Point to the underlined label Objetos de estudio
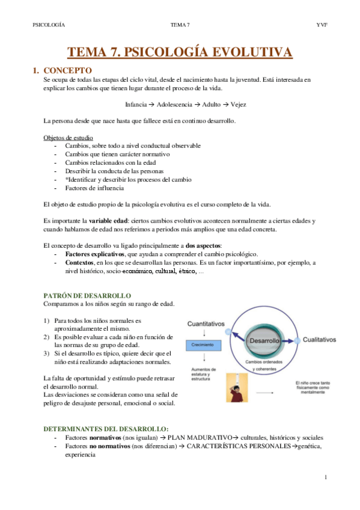[69, 137]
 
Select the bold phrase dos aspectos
[205, 245]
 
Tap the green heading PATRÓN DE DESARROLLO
[88, 296]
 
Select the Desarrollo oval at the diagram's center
[265, 340]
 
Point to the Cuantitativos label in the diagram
[206, 324]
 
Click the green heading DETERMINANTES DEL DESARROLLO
[105, 429]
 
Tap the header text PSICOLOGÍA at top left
[49, 25]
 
